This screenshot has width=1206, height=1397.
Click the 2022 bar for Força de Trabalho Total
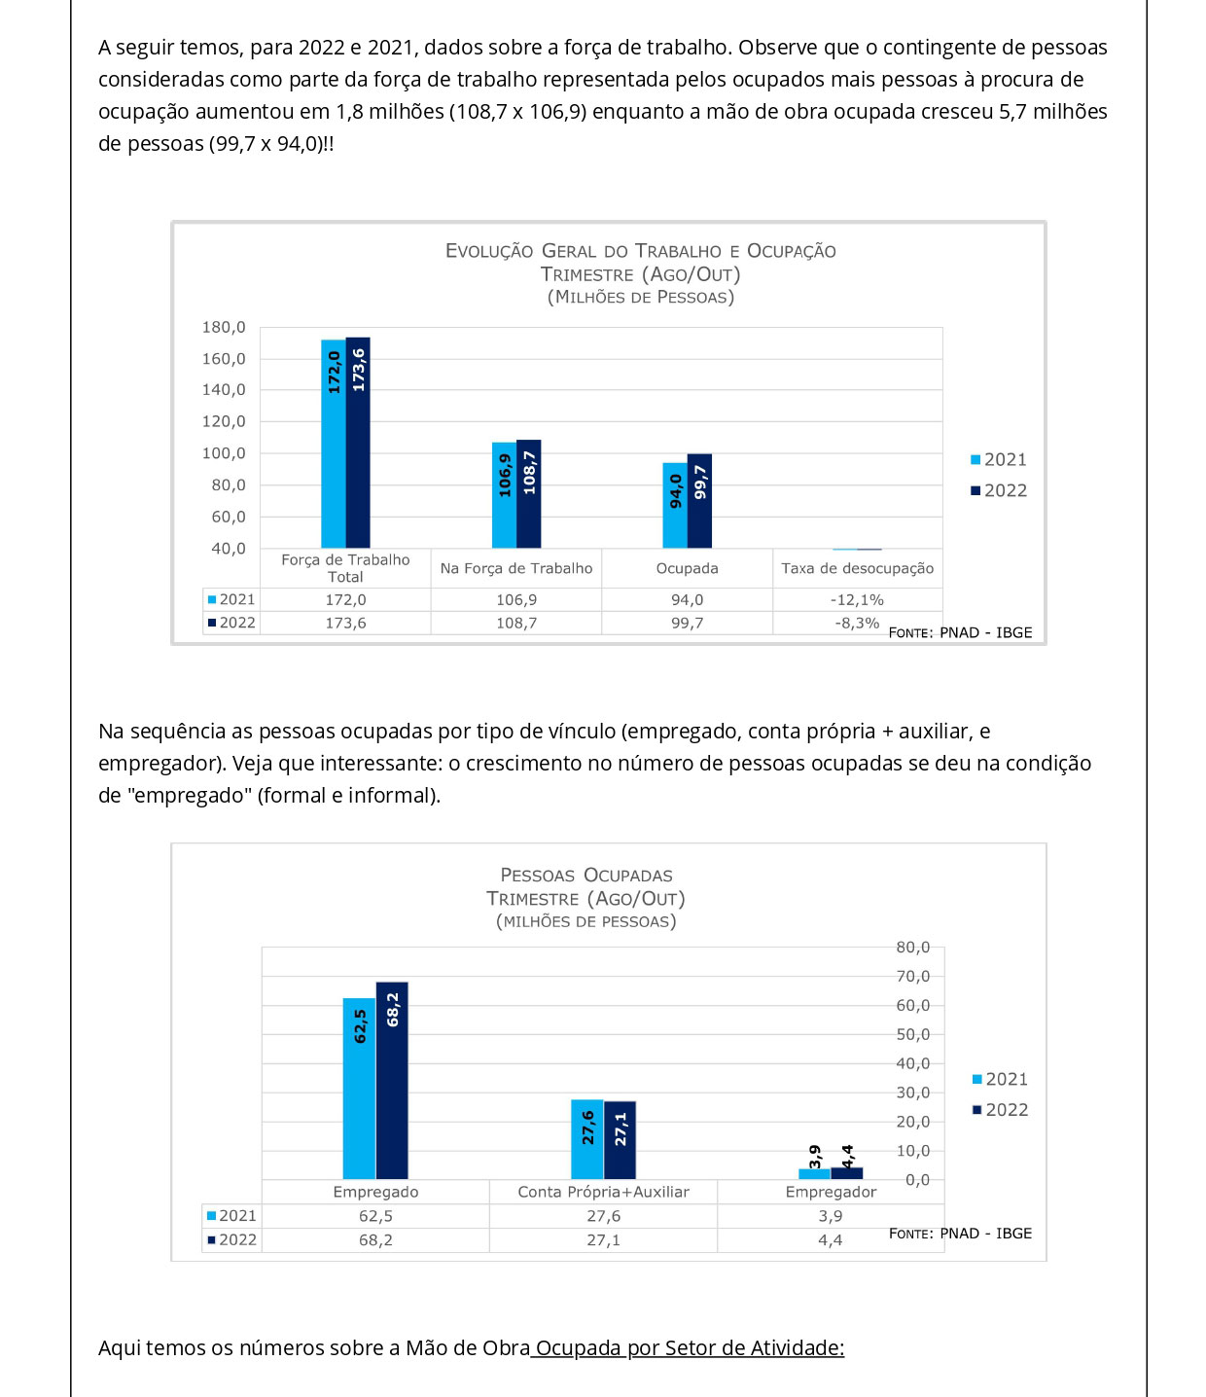[358, 443]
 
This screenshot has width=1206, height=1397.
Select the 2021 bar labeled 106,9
[504, 495]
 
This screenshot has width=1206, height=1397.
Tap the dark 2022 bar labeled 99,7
[699, 501]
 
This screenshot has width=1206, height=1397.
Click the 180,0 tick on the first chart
[224, 328]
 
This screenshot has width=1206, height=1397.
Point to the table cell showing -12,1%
[857, 600]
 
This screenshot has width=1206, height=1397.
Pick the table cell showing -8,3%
[857, 623]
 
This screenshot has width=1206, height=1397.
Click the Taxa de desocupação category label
[857, 568]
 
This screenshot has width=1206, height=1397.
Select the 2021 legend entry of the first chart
[999, 460]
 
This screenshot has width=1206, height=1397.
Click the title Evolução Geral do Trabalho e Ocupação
[640, 251]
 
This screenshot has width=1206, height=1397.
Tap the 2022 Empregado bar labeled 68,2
[392, 1080]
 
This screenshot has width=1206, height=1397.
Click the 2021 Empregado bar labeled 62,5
[359, 1089]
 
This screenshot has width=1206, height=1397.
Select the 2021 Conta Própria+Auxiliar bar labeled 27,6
[586, 1139]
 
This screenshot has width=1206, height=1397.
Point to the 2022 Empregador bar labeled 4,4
[847, 1172]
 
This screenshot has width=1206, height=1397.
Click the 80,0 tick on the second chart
[912, 948]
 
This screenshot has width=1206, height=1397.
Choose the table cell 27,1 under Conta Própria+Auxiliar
[603, 1240]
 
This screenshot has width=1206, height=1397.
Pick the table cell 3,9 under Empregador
[831, 1216]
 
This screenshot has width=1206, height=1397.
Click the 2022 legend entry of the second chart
[1001, 1110]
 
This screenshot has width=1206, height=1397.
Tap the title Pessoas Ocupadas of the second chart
[585, 876]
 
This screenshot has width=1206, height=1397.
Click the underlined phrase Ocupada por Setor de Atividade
[689, 1348]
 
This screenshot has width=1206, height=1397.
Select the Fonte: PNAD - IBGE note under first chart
[960, 632]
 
